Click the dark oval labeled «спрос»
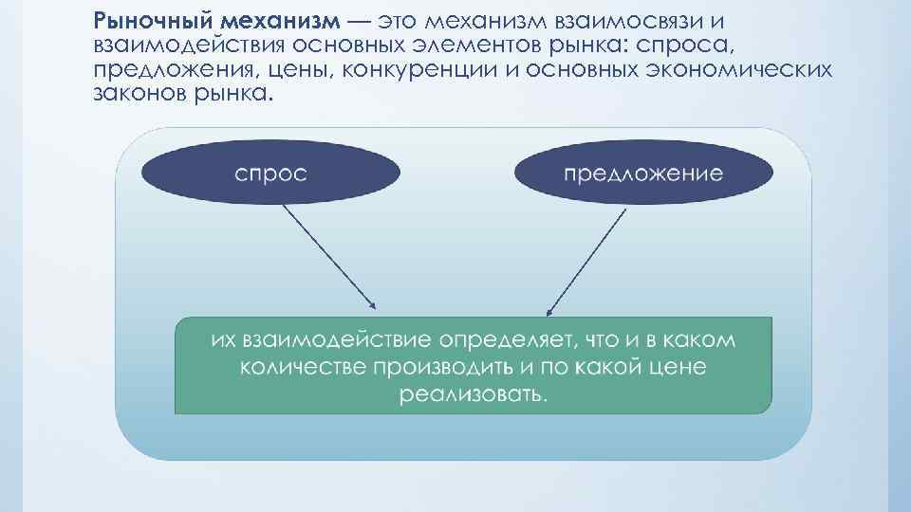pos(270,174)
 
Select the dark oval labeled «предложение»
pos(642,174)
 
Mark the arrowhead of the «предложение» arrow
pos(549,311)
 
